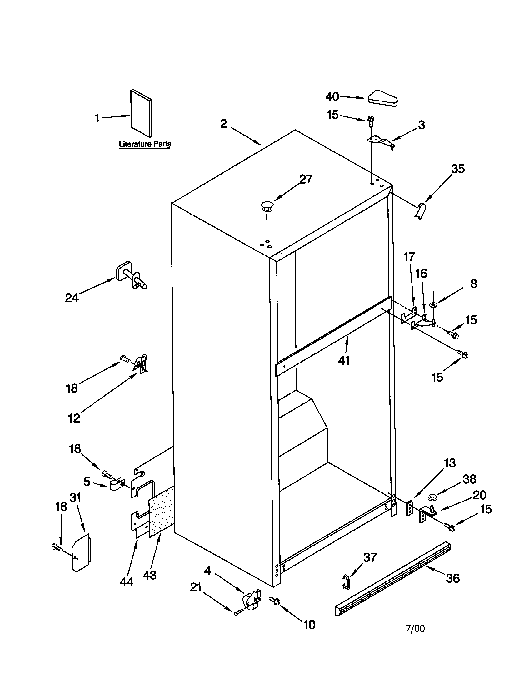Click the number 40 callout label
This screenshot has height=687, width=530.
(332, 96)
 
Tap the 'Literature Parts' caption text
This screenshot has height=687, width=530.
(145, 144)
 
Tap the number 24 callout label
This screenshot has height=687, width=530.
(72, 298)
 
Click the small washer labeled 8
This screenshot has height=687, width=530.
(433, 304)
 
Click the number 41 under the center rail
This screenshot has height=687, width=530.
(344, 360)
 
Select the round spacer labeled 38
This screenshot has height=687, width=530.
(432, 497)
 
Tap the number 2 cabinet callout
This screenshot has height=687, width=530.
(223, 124)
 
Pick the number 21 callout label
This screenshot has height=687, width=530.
(196, 587)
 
